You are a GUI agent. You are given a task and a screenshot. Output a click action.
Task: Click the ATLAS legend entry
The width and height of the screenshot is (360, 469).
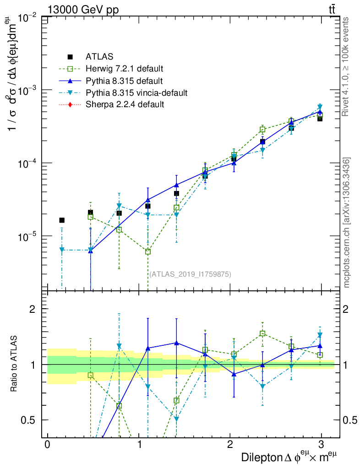pos(100,57)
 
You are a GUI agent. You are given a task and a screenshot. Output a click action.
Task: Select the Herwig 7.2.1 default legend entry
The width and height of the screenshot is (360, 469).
pos(124,69)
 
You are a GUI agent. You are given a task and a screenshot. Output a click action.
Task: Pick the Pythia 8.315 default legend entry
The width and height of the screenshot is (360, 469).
pos(124,81)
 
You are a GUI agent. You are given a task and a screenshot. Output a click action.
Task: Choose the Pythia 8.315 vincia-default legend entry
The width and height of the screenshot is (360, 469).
pos(136,93)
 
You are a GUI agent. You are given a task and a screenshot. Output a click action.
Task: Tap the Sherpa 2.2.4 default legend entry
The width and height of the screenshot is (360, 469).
pos(125,104)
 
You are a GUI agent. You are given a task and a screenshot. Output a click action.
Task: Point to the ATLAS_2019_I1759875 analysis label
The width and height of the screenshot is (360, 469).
pos(190,274)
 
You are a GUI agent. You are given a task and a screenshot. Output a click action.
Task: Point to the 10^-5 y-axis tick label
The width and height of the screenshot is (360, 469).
pos(28,236)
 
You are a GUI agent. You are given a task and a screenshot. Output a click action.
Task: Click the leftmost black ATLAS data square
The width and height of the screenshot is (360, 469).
pos(62,220)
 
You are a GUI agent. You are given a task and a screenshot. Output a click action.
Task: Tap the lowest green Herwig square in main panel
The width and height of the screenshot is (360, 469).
pos(148,251)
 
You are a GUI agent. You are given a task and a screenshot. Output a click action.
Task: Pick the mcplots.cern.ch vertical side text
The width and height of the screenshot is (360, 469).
pos(347,223)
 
